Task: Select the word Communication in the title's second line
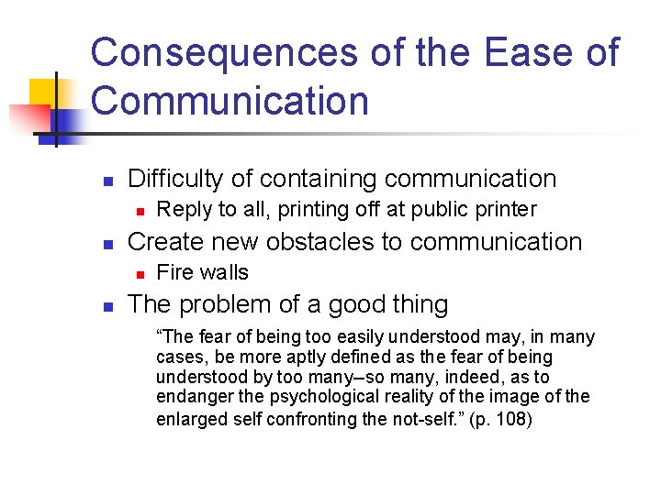[230, 101]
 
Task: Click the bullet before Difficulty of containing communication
[106, 181]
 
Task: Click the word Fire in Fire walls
[174, 272]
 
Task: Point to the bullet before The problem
[106, 305]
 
